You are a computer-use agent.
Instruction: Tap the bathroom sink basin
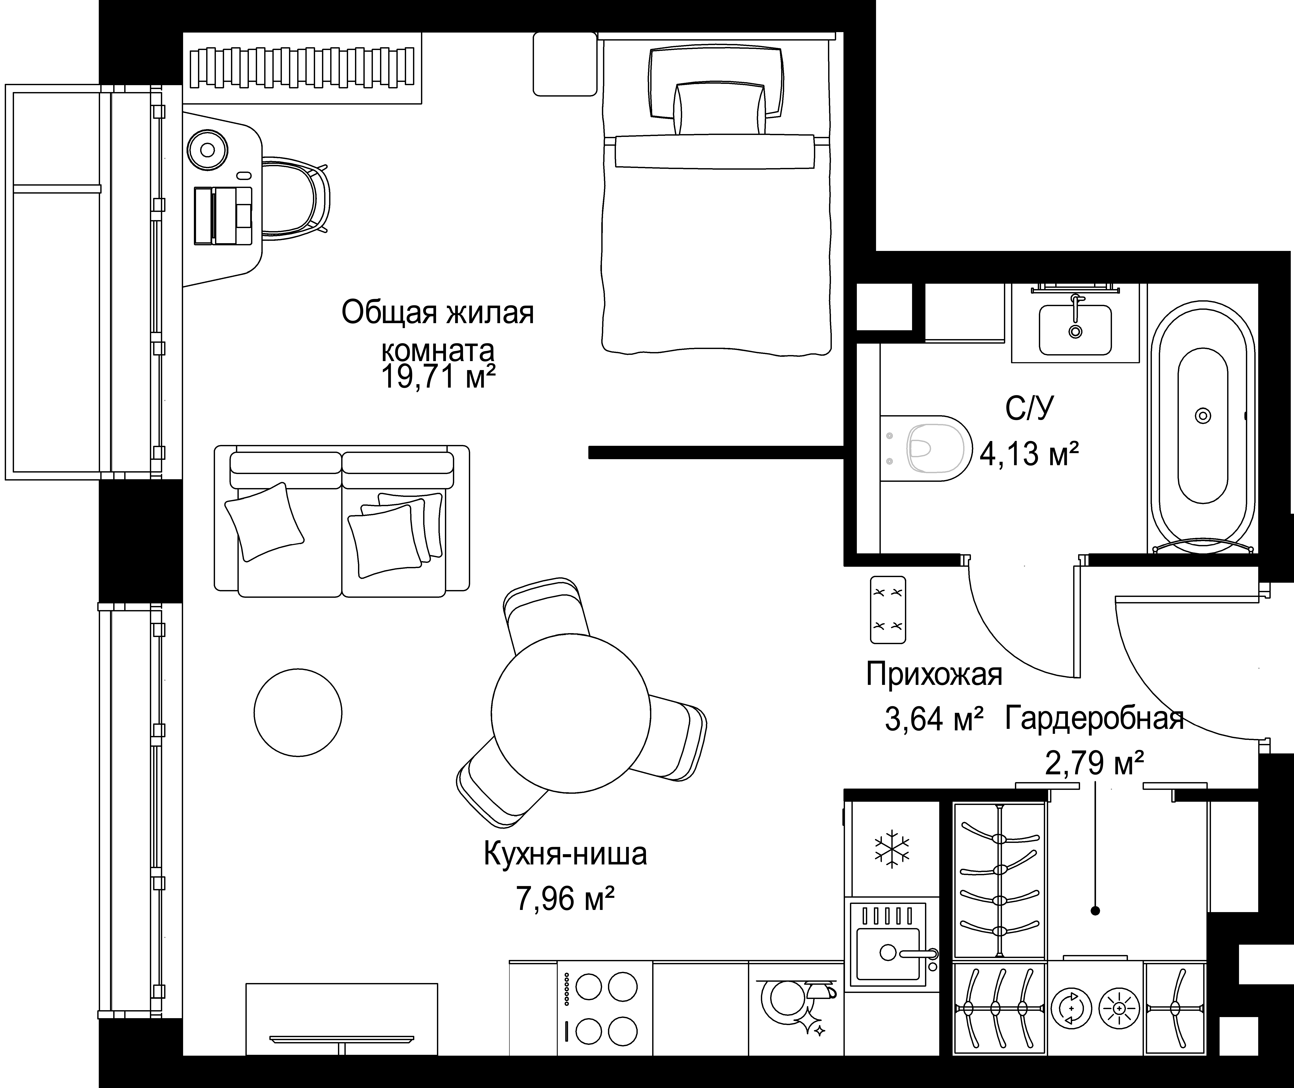click(x=1075, y=330)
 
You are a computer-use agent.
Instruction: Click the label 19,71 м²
click(x=439, y=377)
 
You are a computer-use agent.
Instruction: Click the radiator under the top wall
click(x=302, y=68)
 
